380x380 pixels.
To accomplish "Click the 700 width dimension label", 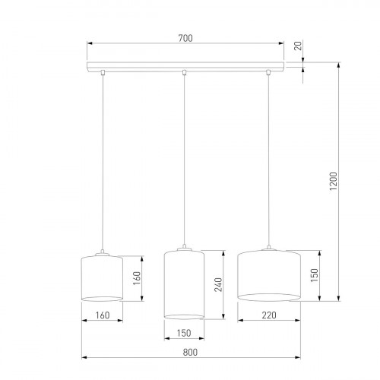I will click(184, 37).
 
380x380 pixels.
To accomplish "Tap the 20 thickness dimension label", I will click(299, 46).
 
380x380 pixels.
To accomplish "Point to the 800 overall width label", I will click(190, 351).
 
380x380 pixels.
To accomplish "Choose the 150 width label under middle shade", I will click(183, 332).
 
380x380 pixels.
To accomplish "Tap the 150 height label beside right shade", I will click(312, 274).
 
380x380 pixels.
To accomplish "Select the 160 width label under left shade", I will click(101, 313).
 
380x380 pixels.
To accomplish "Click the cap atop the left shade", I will click(101, 254).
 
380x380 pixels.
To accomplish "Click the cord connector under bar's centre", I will click(184, 73).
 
